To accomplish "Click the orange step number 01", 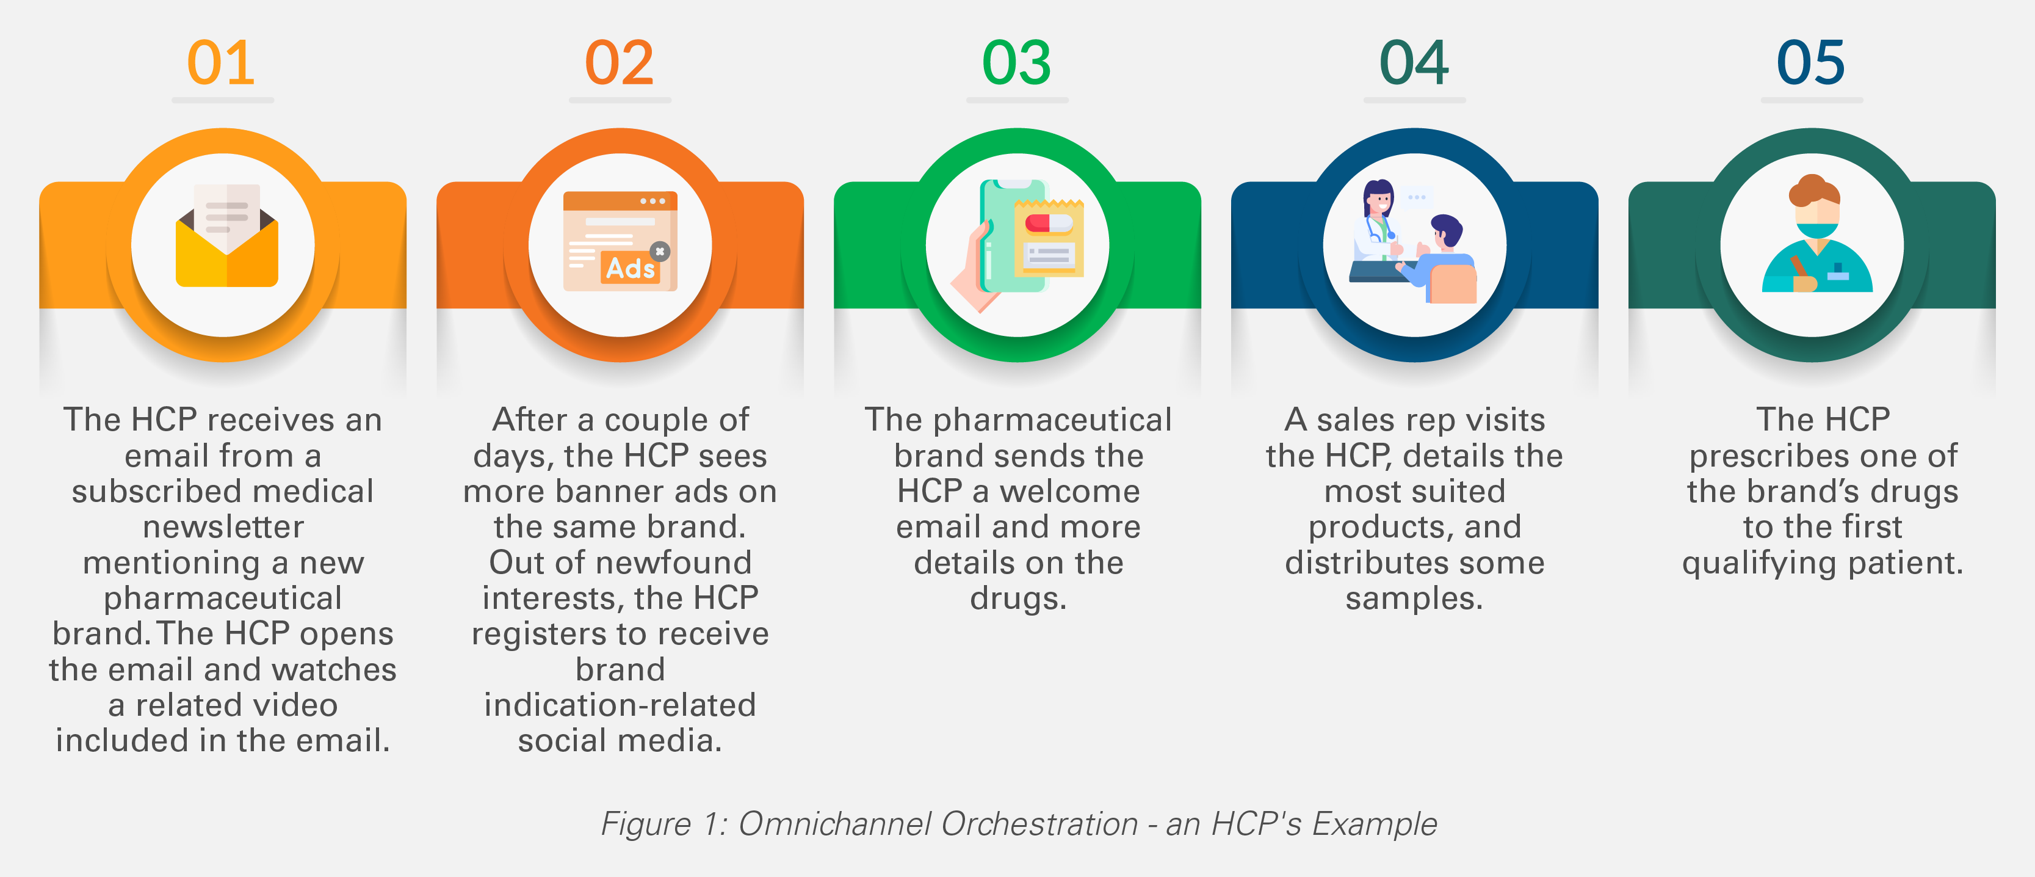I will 221,63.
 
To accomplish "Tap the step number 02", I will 620,63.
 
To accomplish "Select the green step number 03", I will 1017,63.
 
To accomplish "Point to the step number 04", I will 1414,63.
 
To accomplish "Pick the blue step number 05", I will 1810,63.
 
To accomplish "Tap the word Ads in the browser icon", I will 630,269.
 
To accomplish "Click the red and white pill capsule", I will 1048,223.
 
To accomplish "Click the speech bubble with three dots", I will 1417,197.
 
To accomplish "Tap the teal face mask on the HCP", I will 1815,230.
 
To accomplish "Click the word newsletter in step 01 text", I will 223,527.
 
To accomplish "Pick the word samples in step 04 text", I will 1414,598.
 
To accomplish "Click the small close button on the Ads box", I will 660,251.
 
